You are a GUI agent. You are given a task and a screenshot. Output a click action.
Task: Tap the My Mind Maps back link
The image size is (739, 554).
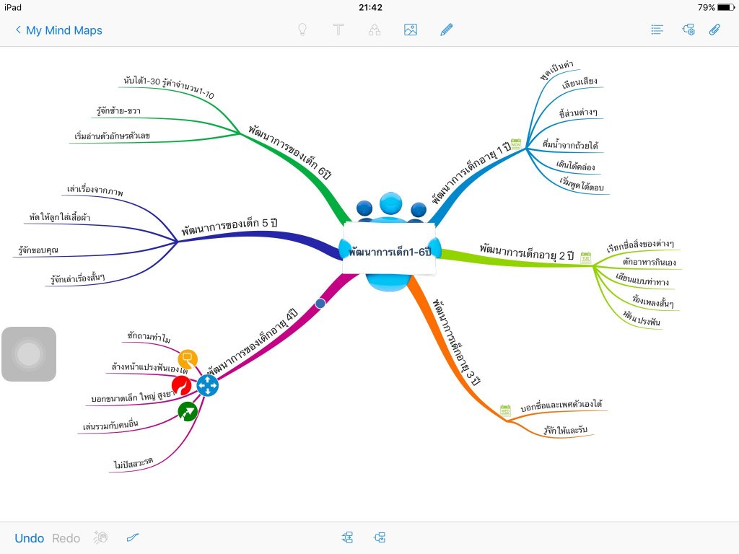coord(58,30)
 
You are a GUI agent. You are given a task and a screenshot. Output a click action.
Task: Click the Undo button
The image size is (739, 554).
coord(29,538)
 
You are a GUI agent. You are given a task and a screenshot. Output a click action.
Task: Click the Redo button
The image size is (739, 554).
coord(66,538)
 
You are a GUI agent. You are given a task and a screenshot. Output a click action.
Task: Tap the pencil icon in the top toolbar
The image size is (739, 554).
coord(447,30)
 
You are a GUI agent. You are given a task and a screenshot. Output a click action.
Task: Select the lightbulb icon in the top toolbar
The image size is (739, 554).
coord(303,30)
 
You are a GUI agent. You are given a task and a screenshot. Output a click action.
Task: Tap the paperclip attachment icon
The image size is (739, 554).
coord(714,30)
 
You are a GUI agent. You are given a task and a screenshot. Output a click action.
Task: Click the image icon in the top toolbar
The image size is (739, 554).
coord(411,30)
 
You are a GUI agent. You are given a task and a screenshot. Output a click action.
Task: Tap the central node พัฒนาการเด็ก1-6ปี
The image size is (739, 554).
coord(390,252)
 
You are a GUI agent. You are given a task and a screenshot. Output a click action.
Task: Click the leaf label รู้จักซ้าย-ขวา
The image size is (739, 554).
coord(118,112)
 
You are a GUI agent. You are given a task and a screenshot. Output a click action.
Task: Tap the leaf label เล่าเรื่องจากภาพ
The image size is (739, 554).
coord(95,192)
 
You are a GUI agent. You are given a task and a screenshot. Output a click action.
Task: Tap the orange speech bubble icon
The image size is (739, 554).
coord(188,357)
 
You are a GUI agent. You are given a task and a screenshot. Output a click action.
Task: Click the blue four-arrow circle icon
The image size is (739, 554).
coord(208,386)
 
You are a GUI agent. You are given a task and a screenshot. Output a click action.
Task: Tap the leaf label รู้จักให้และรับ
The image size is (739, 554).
coord(567,430)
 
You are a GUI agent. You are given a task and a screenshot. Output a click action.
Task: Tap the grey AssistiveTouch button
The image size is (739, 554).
coord(29,354)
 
